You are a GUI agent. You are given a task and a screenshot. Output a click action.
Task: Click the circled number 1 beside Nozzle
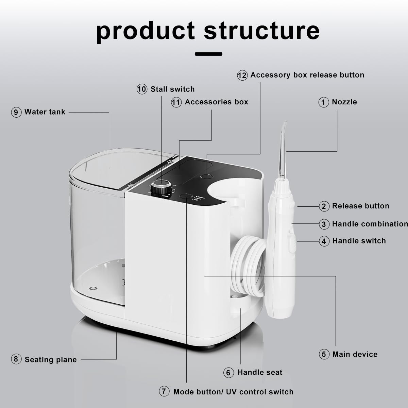click(324, 102)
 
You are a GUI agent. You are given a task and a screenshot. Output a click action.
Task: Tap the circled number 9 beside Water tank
click(16, 112)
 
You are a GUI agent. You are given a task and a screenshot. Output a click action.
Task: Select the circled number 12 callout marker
click(242, 75)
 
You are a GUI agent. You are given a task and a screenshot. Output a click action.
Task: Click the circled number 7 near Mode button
click(164, 392)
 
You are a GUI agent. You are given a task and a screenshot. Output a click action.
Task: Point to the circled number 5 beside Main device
click(324, 354)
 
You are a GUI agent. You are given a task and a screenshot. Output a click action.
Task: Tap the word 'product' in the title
click(145, 31)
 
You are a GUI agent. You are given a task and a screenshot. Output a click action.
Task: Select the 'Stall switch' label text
click(172, 89)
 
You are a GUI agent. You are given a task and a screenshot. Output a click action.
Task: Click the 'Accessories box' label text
click(216, 102)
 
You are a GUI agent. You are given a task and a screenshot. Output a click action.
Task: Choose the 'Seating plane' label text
click(51, 360)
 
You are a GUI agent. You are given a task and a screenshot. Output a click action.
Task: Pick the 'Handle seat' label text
click(260, 372)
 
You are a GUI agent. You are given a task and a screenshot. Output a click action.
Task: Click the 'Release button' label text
click(360, 206)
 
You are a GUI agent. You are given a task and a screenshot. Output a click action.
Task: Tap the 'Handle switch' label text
click(359, 241)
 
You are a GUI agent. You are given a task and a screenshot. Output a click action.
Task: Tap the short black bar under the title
click(208, 54)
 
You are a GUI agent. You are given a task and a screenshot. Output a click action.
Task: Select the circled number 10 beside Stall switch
click(142, 89)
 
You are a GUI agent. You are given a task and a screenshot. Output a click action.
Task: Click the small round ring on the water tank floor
click(92, 288)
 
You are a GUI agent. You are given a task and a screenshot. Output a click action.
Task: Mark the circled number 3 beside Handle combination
click(324, 224)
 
